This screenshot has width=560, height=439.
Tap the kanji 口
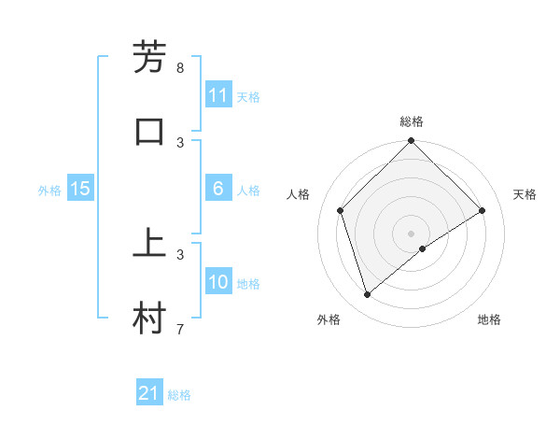pyautogui.click(x=150, y=131)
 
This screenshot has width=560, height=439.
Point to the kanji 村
pyautogui.click(x=150, y=318)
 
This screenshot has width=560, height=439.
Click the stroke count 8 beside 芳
pyautogui.click(x=180, y=68)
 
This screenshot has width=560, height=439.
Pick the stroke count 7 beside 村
pyautogui.click(x=180, y=329)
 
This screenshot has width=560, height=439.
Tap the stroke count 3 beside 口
pyautogui.click(x=180, y=142)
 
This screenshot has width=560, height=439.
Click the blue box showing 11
pyautogui.click(x=218, y=95)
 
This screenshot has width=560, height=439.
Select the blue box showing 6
pyautogui.click(x=218, y=189)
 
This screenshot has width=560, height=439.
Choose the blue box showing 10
pyautogui.click(x=218, y=282)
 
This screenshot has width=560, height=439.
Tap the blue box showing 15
pyautogui.click(x=80, y=189)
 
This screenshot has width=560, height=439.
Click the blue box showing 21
pyautogui.click(x=149, y=393)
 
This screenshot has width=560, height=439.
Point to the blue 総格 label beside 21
pyautogui.click(x=179, y=395)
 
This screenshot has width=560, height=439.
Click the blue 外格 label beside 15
pyautogui.click(x=49, y=191)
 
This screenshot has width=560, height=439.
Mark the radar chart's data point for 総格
pyautogui.click(x=411, y=142)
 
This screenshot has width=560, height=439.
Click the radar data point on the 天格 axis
pyautogui.click(x=483, y=210)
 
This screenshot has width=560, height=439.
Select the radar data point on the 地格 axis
pyautogui.click(x=423, y=248)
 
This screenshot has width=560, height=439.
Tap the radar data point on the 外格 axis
pyautogui.click(x=368, y=295)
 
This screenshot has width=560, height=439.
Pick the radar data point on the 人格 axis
pyautogui.click(x=341, y=210)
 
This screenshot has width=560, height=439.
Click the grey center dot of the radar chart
pyautogui.click(x=411, y=233)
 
